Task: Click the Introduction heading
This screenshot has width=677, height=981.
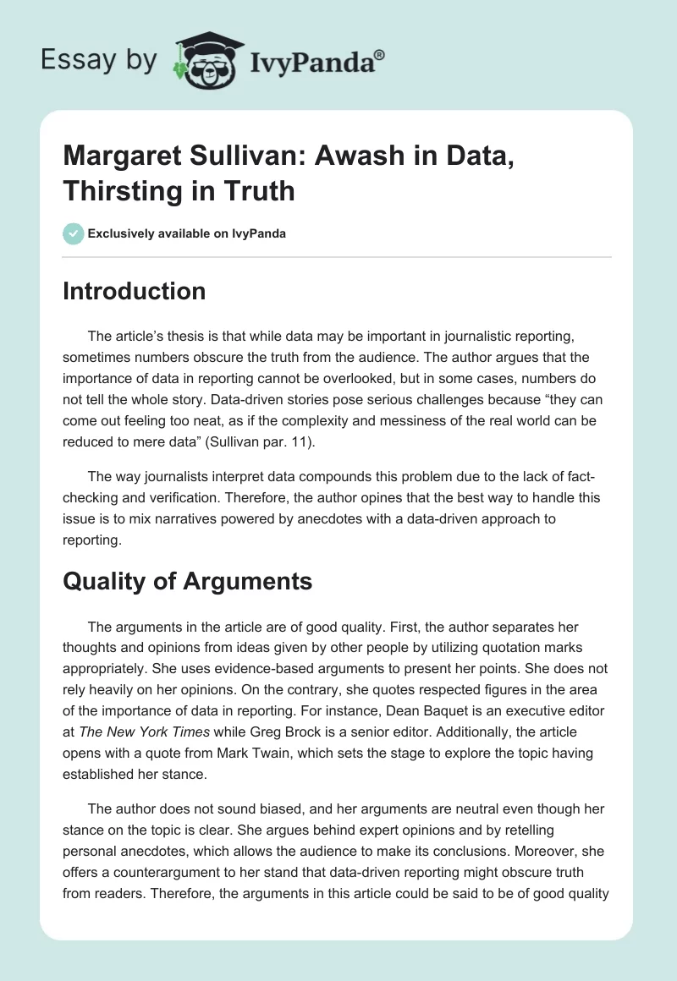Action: pos(134,291)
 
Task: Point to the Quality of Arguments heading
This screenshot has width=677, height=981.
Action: pos(187,581)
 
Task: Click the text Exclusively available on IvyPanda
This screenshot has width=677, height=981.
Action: pos(185,233)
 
